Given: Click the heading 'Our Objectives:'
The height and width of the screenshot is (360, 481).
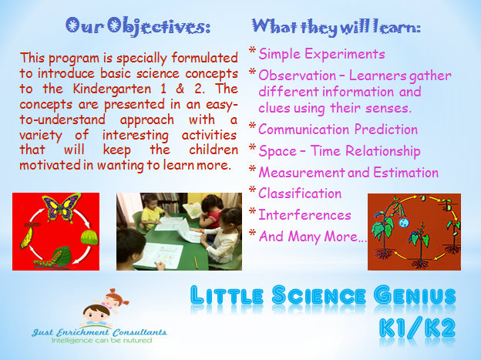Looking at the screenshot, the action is click(138, 27).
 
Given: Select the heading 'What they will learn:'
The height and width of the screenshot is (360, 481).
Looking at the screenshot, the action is click(336, 27).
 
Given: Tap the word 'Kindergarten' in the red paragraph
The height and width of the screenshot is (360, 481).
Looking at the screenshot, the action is click(112, 89).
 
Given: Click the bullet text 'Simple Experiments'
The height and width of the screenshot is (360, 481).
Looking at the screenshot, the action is click(321, 54).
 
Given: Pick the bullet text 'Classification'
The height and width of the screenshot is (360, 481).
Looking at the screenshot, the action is click(300, 193).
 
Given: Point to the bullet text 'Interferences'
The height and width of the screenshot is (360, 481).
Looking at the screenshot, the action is click(304, 214).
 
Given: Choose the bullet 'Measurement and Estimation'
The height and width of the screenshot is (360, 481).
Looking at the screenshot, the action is click(348, 172).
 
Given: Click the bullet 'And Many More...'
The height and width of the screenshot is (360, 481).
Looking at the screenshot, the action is click(312, 237).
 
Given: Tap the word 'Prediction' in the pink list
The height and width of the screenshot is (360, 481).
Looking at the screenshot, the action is click(386, 130).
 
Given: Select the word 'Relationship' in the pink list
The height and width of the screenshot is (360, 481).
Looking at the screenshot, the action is click(383, 151).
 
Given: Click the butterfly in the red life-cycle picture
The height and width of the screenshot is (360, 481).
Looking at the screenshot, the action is click(62, 207).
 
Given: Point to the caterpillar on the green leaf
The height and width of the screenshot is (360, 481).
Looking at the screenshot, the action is click(46, 262).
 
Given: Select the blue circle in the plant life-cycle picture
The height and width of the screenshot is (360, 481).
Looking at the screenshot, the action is click(403, 222).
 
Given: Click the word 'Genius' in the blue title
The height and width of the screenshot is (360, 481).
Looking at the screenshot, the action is click(415, 295).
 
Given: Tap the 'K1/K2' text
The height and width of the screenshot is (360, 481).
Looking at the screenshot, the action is click(417, 328).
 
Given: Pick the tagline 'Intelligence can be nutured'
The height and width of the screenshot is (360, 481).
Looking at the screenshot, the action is click(102, 341).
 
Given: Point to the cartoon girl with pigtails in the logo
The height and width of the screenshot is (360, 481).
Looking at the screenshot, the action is click(113, 300).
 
